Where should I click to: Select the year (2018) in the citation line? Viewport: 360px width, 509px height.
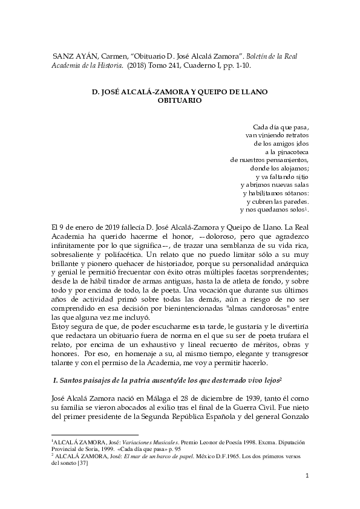[140, 65]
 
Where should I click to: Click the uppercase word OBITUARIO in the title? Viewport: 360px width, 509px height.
[179, 102]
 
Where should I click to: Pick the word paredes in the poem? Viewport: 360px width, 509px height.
[296, 201]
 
